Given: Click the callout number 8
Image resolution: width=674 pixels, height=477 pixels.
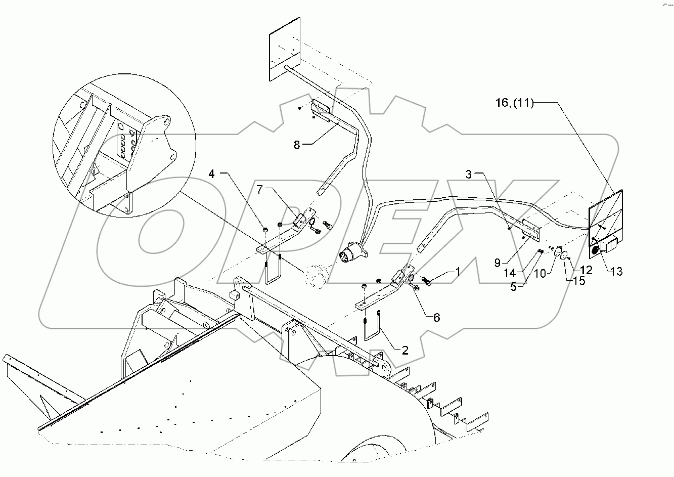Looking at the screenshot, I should pyautogui.click(x=297, y=145).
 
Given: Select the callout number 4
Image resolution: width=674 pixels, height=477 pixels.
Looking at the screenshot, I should pyautogui.click(x=212, y=175).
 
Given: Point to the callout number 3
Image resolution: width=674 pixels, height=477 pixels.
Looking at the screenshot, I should pyautogui.click(x=469, y=175).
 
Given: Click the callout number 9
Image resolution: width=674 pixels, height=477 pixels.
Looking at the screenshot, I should pyautogui.click(x=498, y=263).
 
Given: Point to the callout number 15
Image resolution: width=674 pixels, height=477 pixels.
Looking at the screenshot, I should pyautogui.click(x=579, y=281).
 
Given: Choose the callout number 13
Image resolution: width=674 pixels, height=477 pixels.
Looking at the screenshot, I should pyautogui.click(x=616, y=272).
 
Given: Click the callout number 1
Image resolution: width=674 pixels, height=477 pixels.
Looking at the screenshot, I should pyautogui.click(x=458, y=272).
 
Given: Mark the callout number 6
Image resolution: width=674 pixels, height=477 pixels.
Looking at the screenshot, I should pyautogui.click(x=436, y=318).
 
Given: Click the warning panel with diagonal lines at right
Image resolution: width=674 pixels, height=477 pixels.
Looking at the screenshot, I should pyautogui.click(x=607, y=215).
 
